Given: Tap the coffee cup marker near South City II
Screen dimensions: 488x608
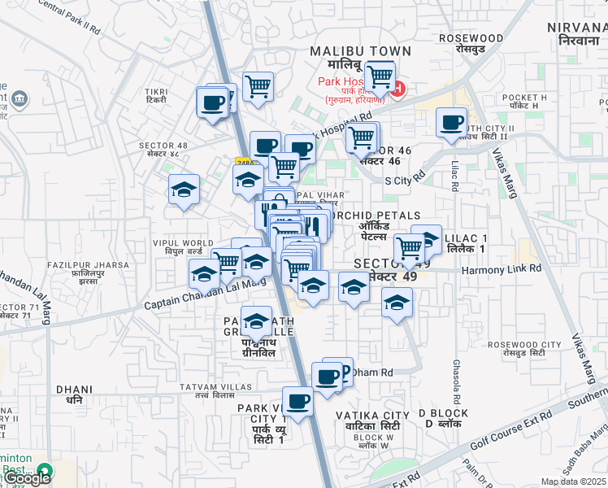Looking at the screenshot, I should pyautogui.click(x=451, y=124).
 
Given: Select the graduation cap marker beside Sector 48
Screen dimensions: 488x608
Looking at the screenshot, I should pyautogui.click(x=184, y=190).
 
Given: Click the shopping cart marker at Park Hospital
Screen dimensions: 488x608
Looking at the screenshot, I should pyautogui.click(x=380, y=77).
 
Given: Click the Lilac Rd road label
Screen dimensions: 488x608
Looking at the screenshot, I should pyautogui.click(x=454, y=176).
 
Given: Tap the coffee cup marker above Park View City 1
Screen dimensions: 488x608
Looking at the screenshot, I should pyautogui.click(x=297, y=402).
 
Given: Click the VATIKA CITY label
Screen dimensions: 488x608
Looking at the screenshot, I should pyautogui.click(x=368, y=416).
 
